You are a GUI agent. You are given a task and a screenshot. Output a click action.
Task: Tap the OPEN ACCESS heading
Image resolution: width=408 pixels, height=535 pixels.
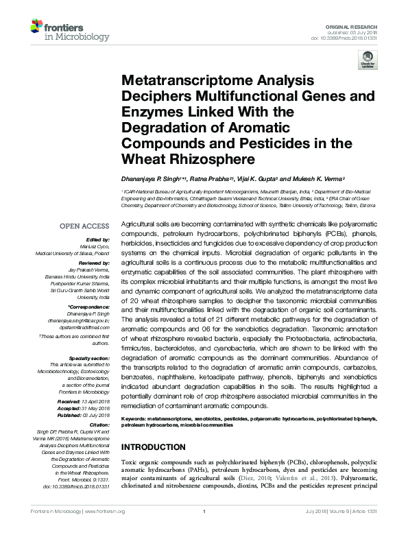point(85,226)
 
